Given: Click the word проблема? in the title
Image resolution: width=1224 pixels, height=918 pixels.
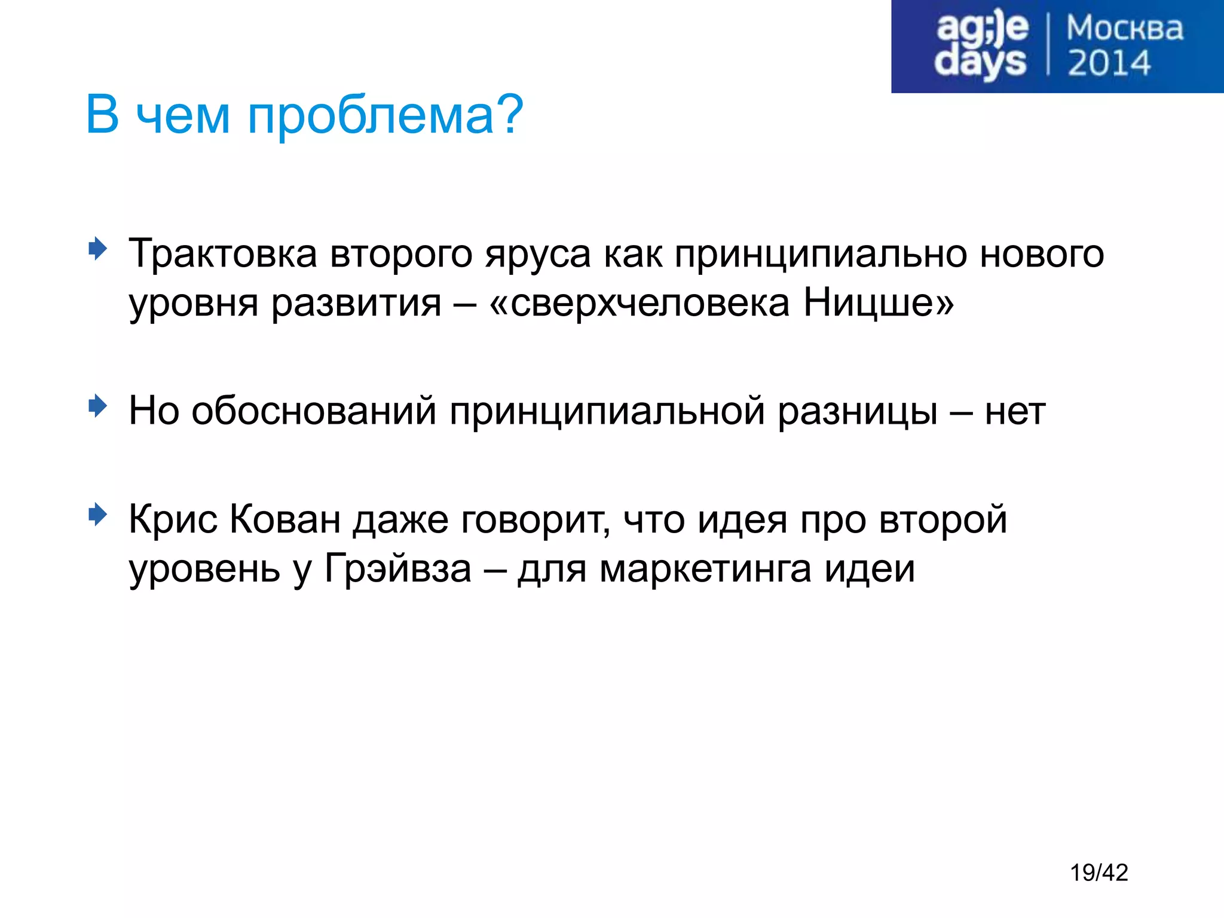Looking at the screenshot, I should click(x=385, y=115).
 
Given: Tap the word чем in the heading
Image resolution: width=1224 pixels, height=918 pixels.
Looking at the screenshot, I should click(x=182, y=115).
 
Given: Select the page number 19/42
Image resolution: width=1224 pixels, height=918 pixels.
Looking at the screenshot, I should click(x=1098, y=873).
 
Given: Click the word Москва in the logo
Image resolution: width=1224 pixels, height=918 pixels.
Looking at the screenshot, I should click(x=1124, y=29).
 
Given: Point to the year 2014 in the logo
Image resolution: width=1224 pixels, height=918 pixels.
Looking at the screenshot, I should click(x=1109, y=63).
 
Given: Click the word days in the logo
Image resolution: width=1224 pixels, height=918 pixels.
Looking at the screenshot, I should click(x=980, y=63).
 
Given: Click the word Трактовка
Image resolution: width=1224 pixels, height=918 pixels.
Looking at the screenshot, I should click(x=222, y=253).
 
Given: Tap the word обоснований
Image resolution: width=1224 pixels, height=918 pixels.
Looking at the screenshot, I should click(x=314, y=411).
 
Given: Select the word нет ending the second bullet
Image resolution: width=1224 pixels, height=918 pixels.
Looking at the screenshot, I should click(x=1015, y=411).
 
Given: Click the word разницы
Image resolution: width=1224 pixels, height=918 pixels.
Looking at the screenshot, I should click(x=858, y=412).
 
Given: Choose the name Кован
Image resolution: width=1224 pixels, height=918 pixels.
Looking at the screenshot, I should click(x=285, y=519).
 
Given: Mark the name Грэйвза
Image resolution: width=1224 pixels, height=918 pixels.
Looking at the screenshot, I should click(x=398, y=568).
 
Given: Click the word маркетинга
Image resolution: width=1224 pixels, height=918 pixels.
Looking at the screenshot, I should click(x=705, y=570).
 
